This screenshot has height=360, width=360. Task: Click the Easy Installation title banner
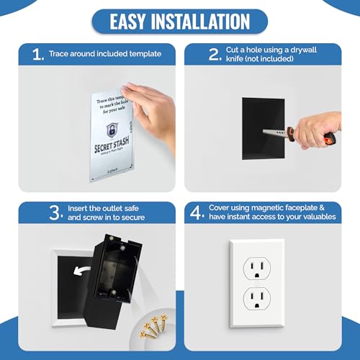[179, 21]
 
